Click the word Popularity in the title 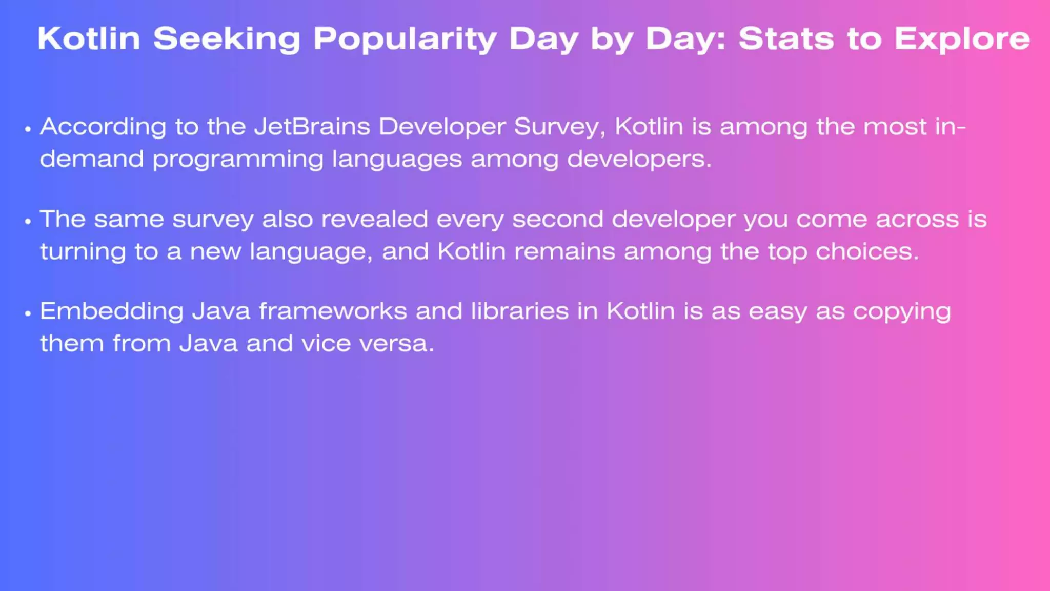405,39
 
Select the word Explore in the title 962,39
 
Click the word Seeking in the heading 227,39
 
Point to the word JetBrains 312,127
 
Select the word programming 238,160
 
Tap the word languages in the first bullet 397,160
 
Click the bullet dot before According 28,129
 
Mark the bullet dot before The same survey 28,221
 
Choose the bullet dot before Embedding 28,313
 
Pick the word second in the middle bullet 557,220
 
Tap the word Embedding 112,312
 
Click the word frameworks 333,311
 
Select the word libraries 520,311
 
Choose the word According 103,127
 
